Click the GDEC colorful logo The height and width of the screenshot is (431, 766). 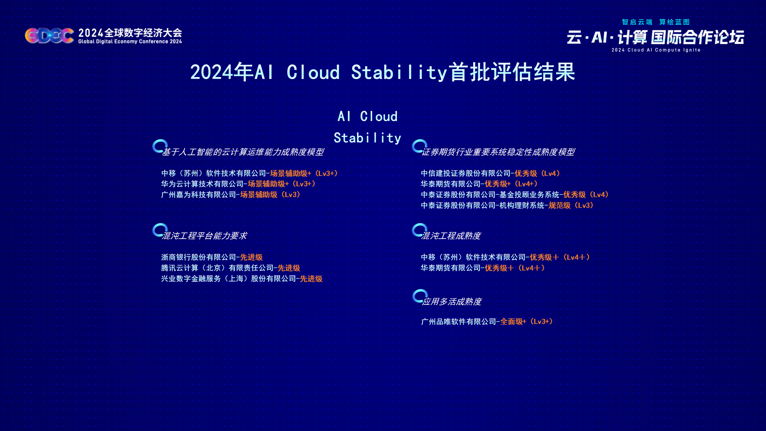49,36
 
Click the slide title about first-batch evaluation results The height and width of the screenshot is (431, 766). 383,72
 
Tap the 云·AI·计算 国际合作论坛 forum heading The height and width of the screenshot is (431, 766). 655,38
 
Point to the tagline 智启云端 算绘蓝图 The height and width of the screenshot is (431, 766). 656,22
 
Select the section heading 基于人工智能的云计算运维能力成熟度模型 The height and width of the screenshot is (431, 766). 243,152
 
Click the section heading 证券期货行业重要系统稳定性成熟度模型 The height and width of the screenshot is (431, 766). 498,152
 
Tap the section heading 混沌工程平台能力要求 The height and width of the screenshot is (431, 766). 204,236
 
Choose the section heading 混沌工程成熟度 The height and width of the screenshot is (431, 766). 451,236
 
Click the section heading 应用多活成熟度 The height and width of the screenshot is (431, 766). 452,302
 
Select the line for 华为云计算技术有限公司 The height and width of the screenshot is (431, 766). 239,184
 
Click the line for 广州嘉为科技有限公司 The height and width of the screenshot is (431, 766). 231,195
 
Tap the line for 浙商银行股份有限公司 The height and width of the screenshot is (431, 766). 212,257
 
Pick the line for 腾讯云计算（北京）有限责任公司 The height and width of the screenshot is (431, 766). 231,268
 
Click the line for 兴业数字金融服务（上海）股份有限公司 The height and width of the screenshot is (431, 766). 242,279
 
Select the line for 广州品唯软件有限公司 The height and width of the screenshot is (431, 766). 487,322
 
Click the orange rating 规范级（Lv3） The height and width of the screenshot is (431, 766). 571,206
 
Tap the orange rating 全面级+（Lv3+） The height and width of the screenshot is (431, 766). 527,322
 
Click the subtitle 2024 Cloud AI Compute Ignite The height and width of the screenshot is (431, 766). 656,50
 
